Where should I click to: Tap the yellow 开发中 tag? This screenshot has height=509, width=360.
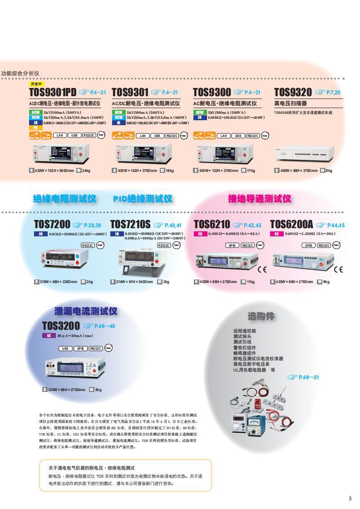pyautogui.click(x=37, y=84)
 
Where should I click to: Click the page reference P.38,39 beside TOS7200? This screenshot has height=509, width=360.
pyautogui.click(x=93, y=225)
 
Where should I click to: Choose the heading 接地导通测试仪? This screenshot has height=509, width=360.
pyautogui.click(x=259, y=199)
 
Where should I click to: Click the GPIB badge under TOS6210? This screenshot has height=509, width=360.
pyautogui.click(x=232, y=245)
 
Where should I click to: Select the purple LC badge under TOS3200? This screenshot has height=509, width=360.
pyautogui.click(x=49, y=336)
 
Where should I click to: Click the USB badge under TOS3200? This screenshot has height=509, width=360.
pyautogui.click(x=65, y=348)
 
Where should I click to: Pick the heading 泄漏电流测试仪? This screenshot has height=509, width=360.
pyautogui.click(x=85, y=311)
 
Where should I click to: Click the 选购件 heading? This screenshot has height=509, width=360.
pyautogui.click(x=261, y=316)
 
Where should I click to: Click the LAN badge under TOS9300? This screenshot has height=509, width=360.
pyautogui.click(x=223, y=136)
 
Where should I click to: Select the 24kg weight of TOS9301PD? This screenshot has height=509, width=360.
pyautogui.click(x=86, y=171)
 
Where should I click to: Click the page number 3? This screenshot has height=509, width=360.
pyautogui.click(x=350, y=499)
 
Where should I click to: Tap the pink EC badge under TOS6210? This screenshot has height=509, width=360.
pyautogui.click(x=199, y=234)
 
